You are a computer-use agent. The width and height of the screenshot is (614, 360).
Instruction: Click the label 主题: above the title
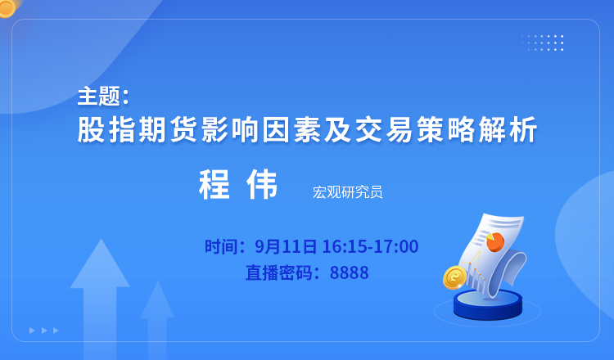[x=103, y=97]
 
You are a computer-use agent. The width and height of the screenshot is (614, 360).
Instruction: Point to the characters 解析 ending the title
[x=508, y=129]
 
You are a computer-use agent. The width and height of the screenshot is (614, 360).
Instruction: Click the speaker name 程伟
[x=238, y=184]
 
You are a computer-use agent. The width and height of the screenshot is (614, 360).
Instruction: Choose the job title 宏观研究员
[x=347, y=192]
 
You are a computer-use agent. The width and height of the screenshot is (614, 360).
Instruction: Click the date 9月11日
[x=286, y=246]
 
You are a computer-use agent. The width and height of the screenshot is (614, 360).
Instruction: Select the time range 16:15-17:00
[x=370, y=246]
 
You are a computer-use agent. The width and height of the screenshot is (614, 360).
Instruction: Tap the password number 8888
[x=349, y=272]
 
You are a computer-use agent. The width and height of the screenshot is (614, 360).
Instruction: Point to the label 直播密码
[x=279, y=272]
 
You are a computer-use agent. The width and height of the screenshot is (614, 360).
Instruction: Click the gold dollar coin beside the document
[x=454, y=277]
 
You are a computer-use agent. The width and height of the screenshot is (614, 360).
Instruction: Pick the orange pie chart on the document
[x=495, y=241]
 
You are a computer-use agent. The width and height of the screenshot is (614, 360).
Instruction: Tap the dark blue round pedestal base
[x=488, y=304]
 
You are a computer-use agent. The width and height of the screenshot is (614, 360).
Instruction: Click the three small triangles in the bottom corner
[x=44, y=331]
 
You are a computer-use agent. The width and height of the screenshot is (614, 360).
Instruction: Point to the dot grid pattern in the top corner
[x=542, y=43]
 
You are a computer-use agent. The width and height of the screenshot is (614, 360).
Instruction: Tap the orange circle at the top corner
[x=7, y=8]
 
